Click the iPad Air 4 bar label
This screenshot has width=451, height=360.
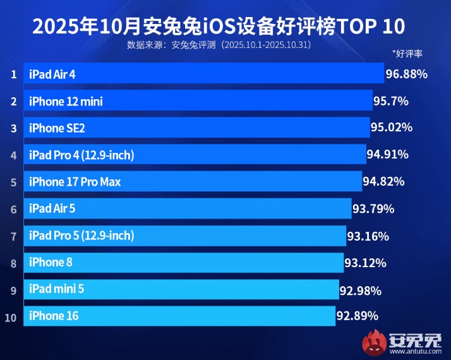coord(52,75)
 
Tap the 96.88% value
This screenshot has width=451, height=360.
coord(406,74)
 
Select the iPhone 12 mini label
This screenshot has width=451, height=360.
coord(66,102)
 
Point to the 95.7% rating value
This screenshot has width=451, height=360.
coord(391,101)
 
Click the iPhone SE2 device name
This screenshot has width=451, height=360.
coord(57,128)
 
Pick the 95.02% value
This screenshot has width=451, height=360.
coord(392,128)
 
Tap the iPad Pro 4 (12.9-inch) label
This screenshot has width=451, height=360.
coord(81,155)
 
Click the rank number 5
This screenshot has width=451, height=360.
coord(13,183)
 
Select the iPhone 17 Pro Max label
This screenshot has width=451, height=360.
coord(75,182)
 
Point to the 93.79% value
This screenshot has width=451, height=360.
coord(373,209)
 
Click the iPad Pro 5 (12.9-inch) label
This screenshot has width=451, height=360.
coord(81,236)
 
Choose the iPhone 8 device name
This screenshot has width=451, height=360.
coord(51,262)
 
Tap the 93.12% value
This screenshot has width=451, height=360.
coord(366,263)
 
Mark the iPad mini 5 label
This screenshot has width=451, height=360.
coord(56,289)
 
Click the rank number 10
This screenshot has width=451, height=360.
coord(11,318)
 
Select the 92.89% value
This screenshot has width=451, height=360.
coord(358,316)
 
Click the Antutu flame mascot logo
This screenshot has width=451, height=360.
coord(374,342)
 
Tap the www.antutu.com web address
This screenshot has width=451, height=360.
coord(416,351)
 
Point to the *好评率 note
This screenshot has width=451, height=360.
coord(407,54)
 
